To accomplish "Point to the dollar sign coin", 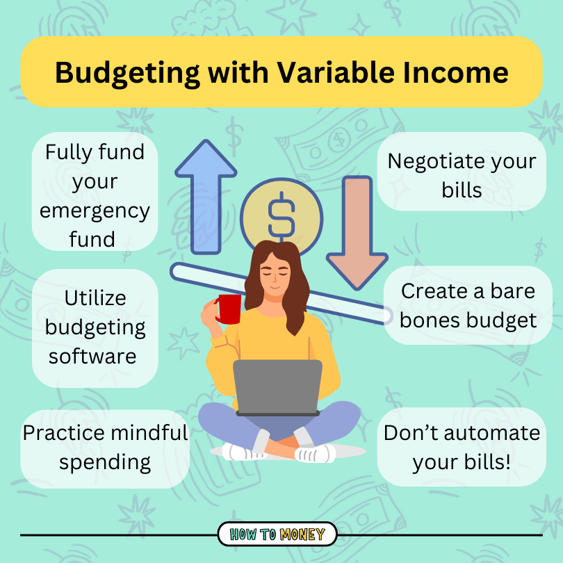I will [x=281, y=212].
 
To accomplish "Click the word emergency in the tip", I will [x=95, y=211].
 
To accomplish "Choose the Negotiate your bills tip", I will [x=462, y=174].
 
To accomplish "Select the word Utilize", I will [x=95, y=298].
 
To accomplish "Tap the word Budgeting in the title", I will [x=133, y=72].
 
